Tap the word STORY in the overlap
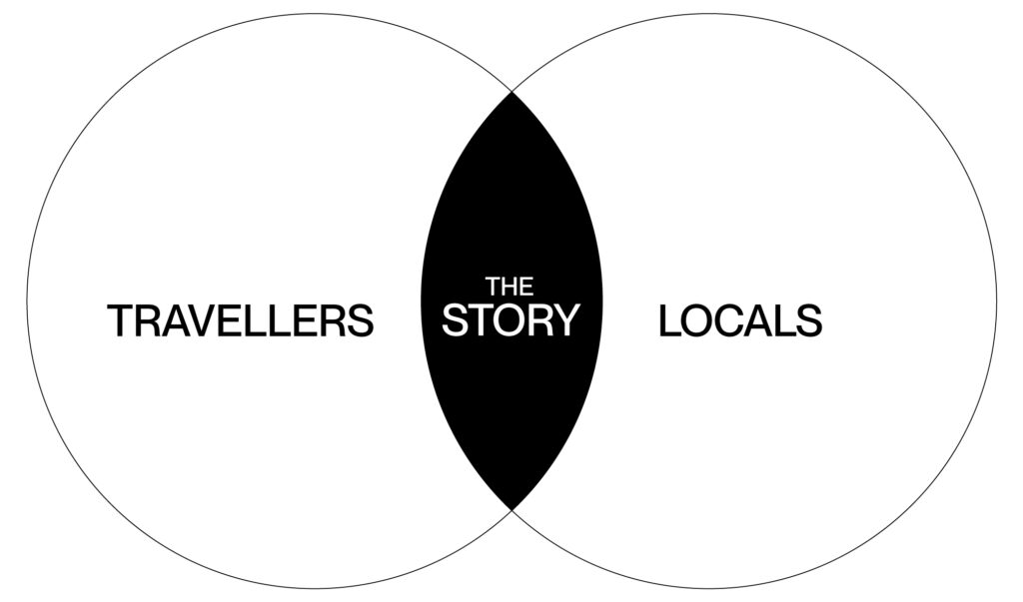(511, 320)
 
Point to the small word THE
(510, 285)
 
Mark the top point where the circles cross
(511, 92)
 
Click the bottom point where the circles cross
(511, 509)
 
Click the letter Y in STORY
(567, 320)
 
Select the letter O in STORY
(510, 320)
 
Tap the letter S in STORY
(456, 320)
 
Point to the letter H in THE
(510, 285)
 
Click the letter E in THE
(525, 285)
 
